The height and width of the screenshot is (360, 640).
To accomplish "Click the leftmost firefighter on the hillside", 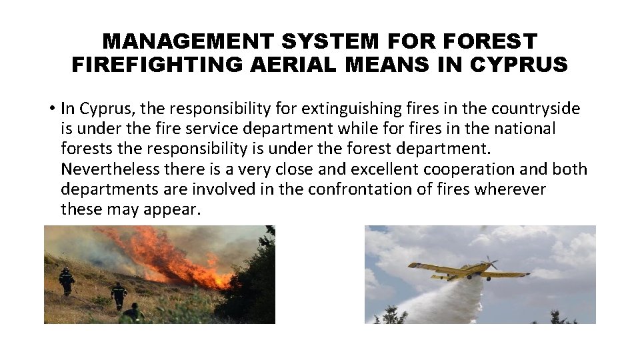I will (x=67, y=281).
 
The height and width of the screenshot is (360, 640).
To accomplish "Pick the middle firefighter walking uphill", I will (x=119, y=294).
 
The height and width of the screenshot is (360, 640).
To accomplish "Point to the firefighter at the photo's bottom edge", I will (x=133, y=313).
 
